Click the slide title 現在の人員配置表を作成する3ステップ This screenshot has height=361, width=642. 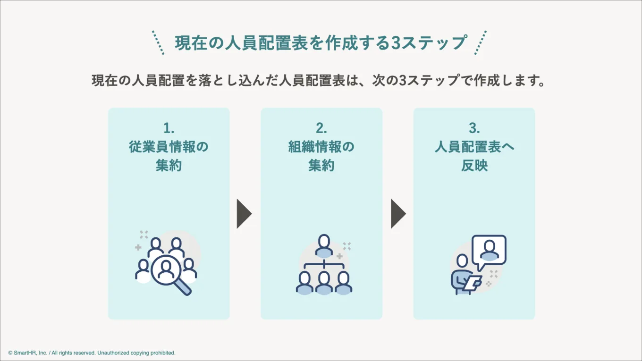pyautogui.click(x=321, y=43)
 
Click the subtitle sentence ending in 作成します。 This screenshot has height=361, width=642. pyautogui.click(x=319, y=80)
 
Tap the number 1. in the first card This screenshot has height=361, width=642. pyautogui.click(x=169, y=128)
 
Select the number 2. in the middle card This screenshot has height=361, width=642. pyautogui.click(x=321, y=128)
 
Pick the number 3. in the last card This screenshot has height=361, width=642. pyautogui.click(x=474, y=128)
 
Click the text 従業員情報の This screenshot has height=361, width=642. pyautogui.click(x=169, y=147)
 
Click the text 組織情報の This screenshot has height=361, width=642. pyautogui.click(x=321, y=147)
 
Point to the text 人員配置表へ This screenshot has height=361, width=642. pyautogui.click(x=474, y=147)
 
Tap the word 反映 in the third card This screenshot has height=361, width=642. pyautogui.click(x=474, y=166)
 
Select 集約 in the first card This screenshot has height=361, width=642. pyautogui.click(x=169, y=166)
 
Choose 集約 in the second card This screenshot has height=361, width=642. pyautogui.click(x=321, y=166)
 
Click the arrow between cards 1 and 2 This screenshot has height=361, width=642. pyautogui.click(x=244, y=214)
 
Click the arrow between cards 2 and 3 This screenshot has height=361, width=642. pyautogui.click(x=398, y=214)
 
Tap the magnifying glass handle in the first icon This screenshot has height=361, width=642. pyautogui.click(x=184, y=287)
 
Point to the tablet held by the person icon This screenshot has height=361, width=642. pyautogui.click(x=473, y=283)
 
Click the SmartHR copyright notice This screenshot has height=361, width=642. pyautogui.click(x=92, y=353)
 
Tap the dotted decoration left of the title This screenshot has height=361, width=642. pyautogui.click(x=158, y=43)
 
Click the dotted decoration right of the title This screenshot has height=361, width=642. pyautogui.click(x=481, y=43)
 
